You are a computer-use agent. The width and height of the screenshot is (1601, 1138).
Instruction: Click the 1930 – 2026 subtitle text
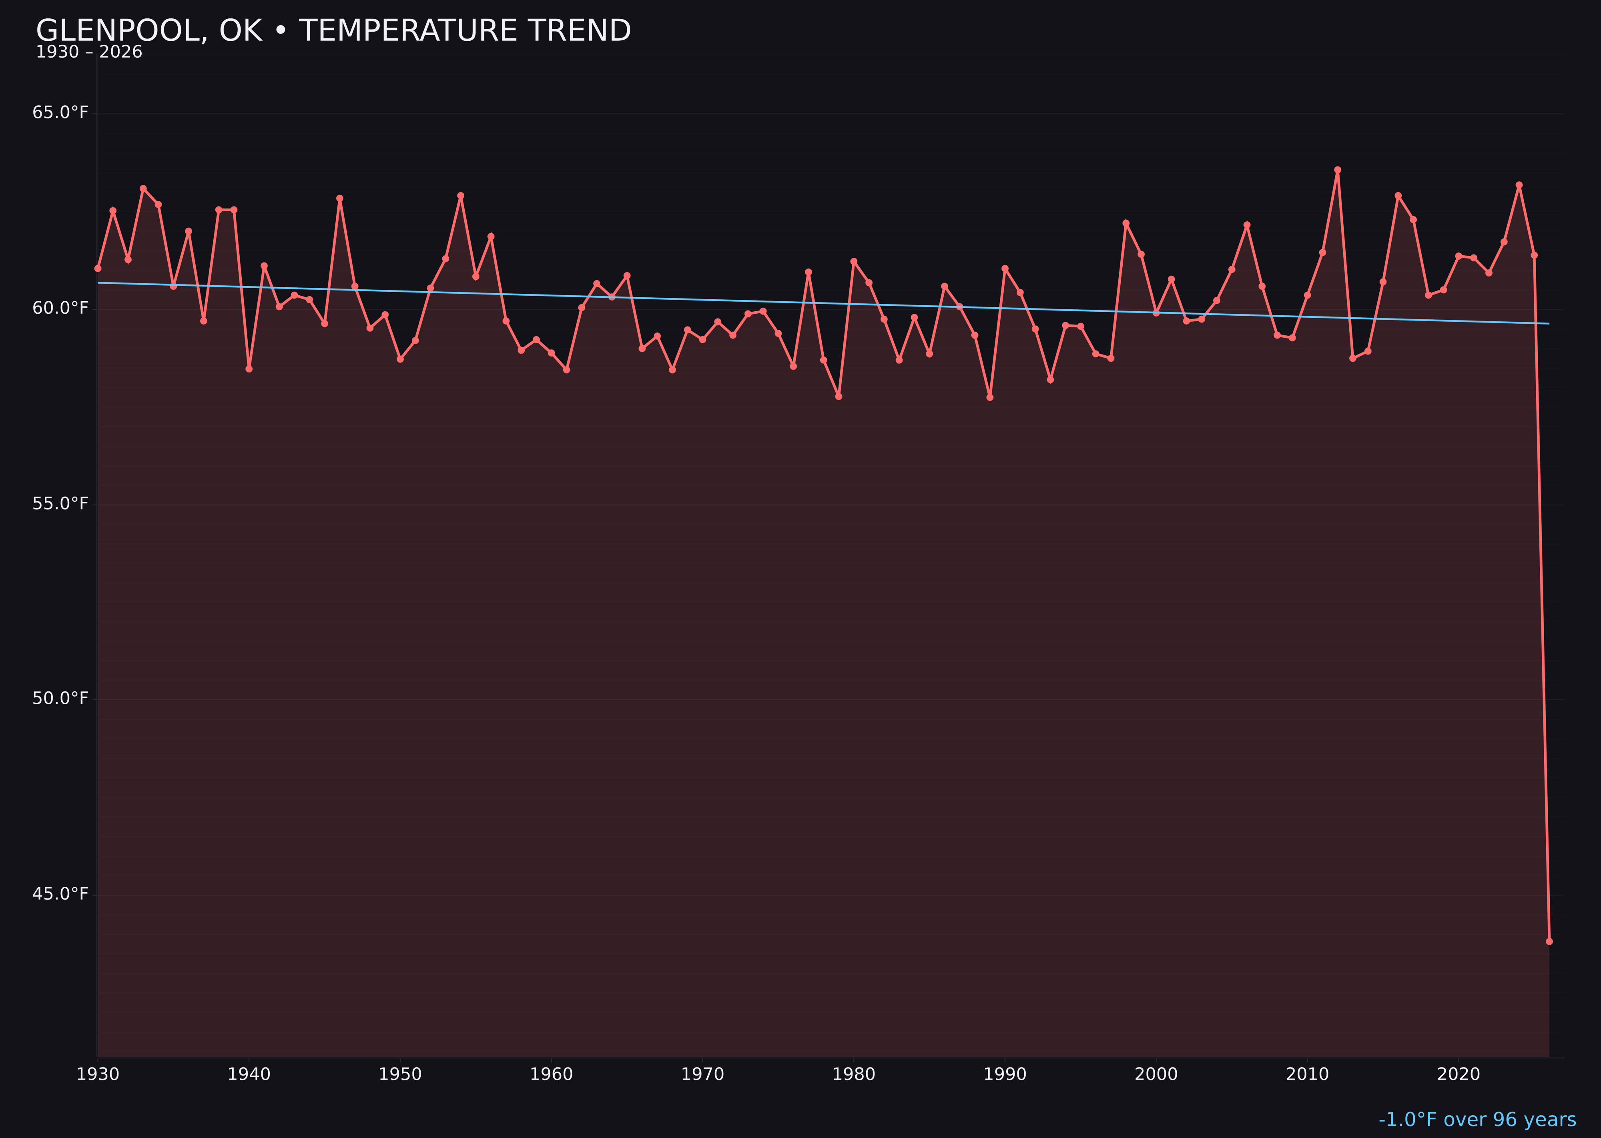pos(89,52)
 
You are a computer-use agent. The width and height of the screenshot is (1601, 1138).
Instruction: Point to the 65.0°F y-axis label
pos(60,113)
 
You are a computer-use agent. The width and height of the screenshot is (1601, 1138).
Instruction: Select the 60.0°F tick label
pos(60,309)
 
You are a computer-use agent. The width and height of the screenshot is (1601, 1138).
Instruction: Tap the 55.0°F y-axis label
pos(60,504)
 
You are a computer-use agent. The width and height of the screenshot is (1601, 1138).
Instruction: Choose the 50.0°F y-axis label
pos(60,699)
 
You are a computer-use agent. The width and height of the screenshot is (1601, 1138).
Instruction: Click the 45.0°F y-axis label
pos(60,894)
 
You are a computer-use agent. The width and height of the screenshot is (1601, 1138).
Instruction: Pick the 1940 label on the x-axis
pos(249,1074)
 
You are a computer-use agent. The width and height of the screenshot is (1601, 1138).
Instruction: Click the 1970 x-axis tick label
pos(702,1074)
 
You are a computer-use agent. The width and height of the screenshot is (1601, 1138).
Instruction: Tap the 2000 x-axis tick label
pos(1156,1074)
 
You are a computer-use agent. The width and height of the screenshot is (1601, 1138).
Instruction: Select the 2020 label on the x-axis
pos(1459,1074)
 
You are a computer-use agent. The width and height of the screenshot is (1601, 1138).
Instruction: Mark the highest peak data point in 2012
pos(1338,170)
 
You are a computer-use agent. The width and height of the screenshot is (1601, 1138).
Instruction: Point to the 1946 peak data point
pos(340,198)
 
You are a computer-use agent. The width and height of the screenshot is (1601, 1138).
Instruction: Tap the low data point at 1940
pos(249,369)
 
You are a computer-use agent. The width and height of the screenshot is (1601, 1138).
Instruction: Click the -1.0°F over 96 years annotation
pos(1477,1120)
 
